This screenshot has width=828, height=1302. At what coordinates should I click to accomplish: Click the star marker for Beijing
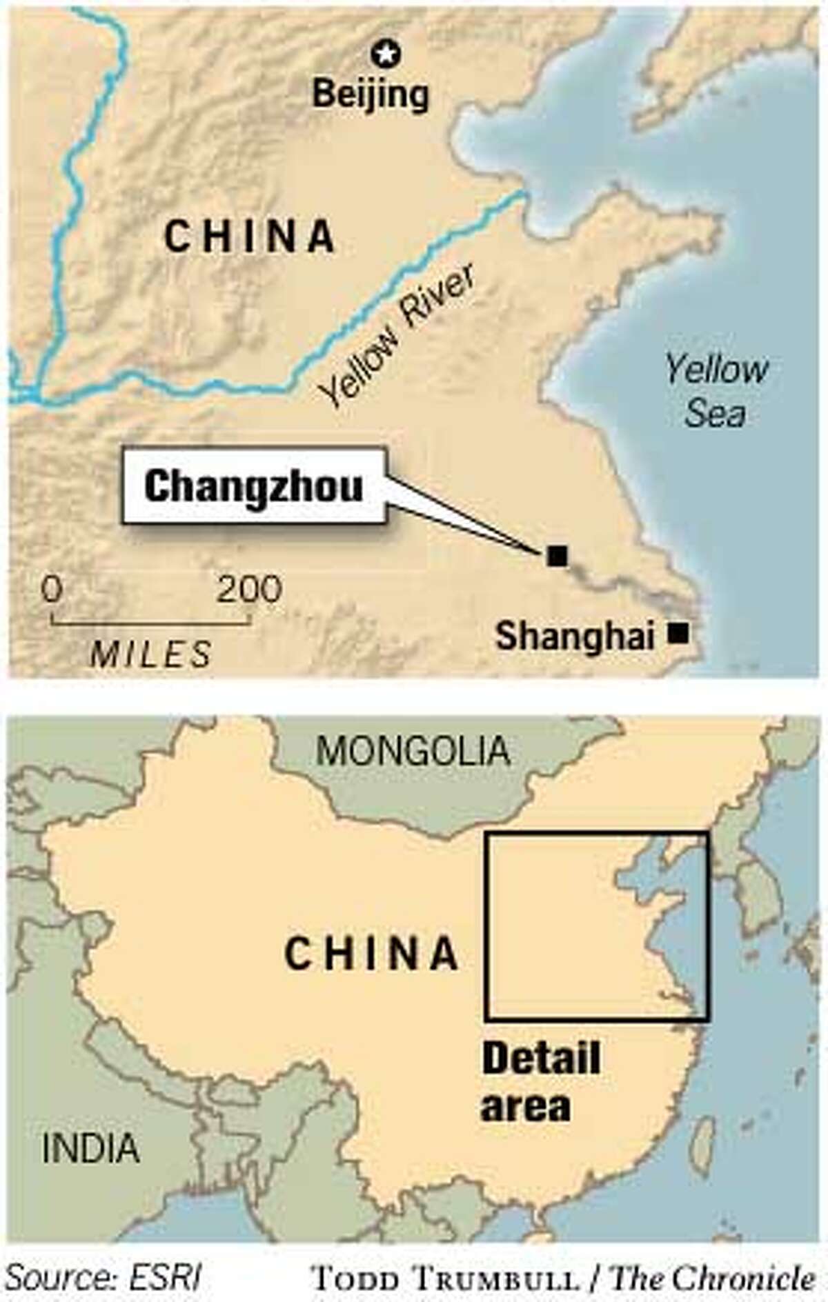point(386,54)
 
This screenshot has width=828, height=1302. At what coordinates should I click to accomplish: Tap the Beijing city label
point(371,94)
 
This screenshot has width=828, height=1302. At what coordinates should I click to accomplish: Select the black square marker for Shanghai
point(680,633)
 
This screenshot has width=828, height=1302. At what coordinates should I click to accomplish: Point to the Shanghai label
point(575,635)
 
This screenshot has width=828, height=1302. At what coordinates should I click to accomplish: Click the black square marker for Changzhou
point(557,555)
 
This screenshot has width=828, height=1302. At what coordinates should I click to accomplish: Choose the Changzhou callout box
point(253,486)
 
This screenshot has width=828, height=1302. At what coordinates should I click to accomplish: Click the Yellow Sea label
point(716,392)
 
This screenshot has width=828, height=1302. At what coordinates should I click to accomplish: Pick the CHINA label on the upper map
point(250,236)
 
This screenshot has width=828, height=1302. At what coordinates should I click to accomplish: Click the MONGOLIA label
point(413,751)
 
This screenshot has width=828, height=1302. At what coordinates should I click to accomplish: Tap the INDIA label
point(90,1148)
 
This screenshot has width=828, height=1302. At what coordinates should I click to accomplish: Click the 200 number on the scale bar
point(249,590)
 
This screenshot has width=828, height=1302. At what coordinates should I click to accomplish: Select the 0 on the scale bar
point(52,590)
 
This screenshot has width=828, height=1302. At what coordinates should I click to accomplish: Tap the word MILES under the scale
point(151,654)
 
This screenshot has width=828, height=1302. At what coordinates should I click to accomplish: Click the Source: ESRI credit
point(104,1278)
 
